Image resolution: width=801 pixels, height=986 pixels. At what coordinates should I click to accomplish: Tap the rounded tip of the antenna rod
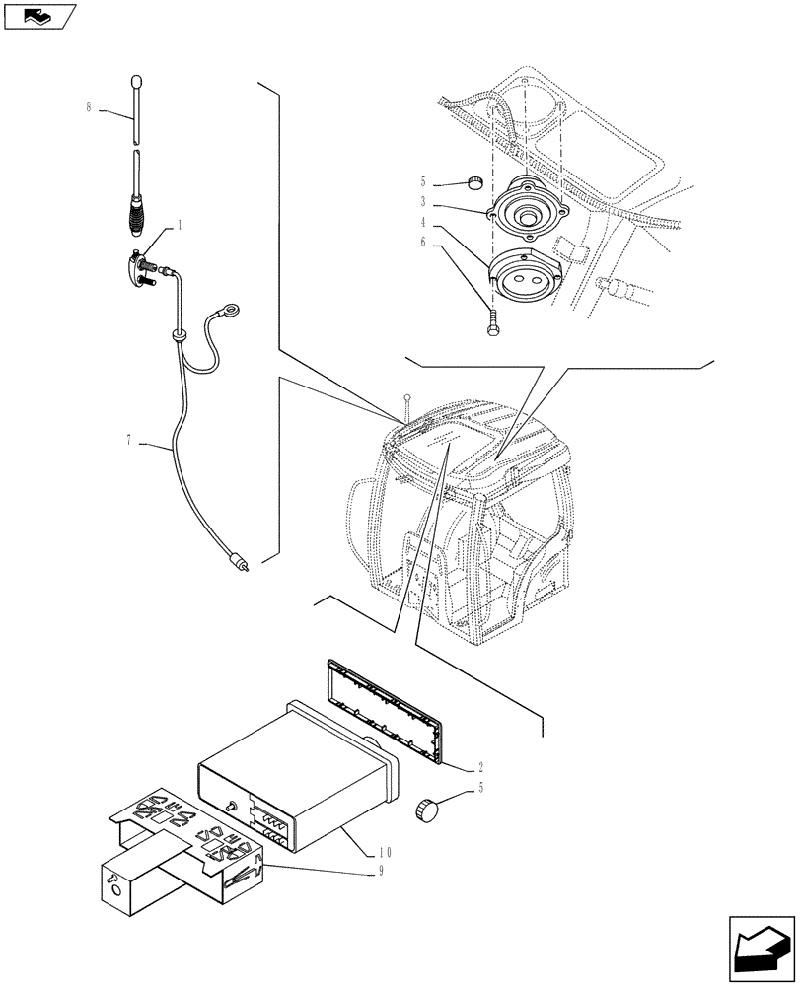coord(137,81)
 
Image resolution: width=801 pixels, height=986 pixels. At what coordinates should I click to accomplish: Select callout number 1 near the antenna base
coord(181,226)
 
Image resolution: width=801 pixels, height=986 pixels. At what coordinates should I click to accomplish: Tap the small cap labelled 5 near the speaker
coord(474,182)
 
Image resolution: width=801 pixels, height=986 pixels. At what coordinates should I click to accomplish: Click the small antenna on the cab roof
coord(405,401)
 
